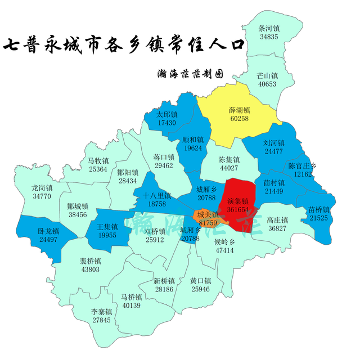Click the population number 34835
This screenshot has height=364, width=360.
click(x=269, y=37)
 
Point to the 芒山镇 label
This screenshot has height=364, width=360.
click(x=267, y=75)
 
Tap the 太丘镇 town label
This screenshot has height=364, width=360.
click(x=167, y=114)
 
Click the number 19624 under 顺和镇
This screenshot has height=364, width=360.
click(x=193, y=149)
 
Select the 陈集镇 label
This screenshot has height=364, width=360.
click(x=229, y=160)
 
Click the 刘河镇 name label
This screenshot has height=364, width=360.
click(x=274, y=143)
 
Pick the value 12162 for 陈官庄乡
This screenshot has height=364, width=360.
click(x=303, y=174)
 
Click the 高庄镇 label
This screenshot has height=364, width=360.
click(x=277, y=220)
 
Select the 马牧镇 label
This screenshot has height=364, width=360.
click(x=98, y=161)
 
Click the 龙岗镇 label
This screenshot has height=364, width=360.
click(x=42, y=188)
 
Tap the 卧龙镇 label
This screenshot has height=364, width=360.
click(x=48, y=231)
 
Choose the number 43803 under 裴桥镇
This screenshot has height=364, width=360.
click(x=90, y=269)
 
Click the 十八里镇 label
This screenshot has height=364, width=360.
click(x=157, y=196)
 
